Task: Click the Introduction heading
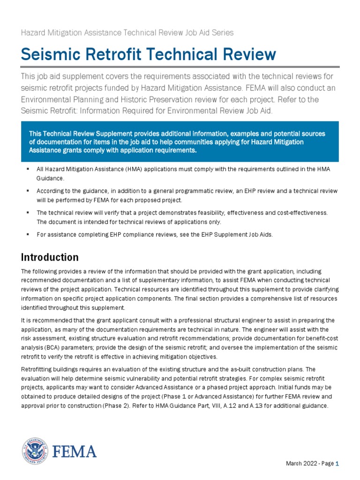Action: [x=50, y=257]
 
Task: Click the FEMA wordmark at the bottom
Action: [x=75, y=451]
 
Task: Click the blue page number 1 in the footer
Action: [x=337, y=464]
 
